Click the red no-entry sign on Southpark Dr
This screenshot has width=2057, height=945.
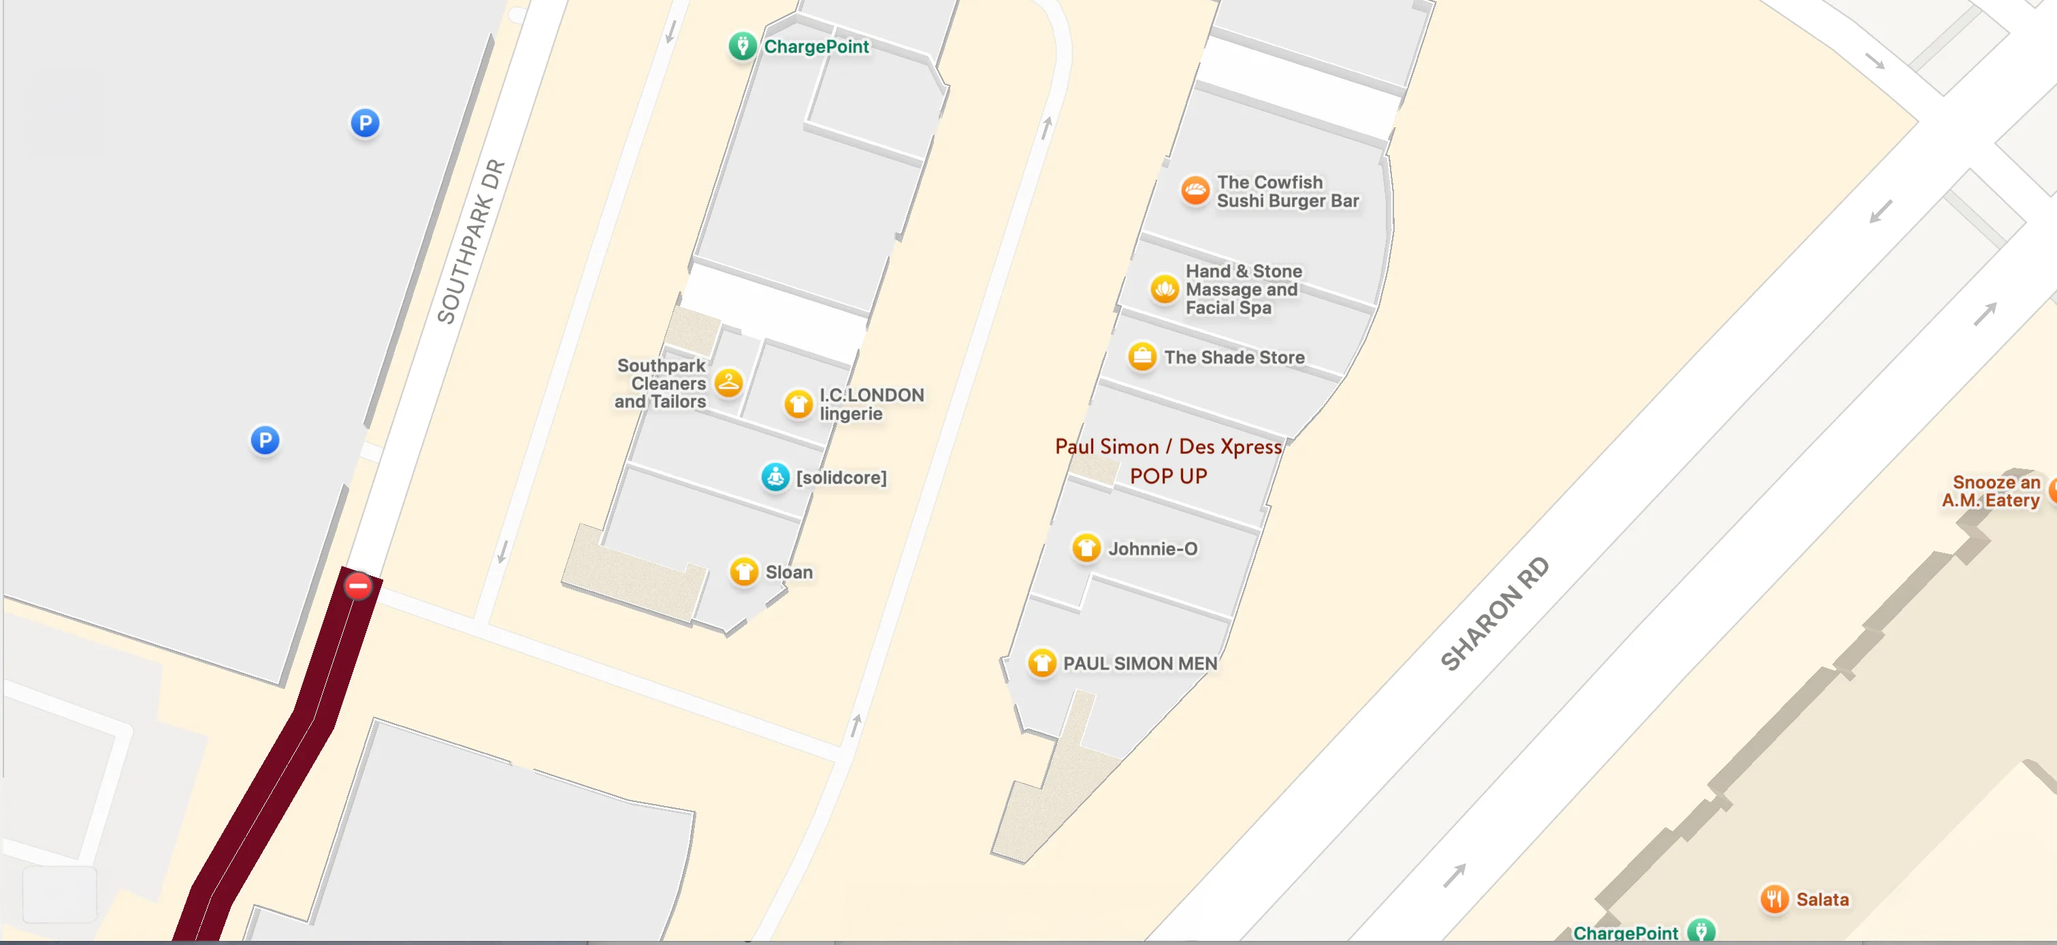[x=358, y=586]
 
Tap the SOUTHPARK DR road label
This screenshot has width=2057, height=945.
[x=472, y=241]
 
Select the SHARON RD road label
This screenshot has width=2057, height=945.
[x=1494, y=613]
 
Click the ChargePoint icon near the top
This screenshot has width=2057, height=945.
[x=742, y=46]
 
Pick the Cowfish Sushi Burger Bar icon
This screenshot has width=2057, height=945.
[x=1195, y=191]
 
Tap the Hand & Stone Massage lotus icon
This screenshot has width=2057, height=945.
[x=1164, y=289]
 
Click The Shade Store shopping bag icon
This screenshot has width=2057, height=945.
[x=1142, y=356]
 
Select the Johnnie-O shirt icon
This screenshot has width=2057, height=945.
[x=1086, y=548]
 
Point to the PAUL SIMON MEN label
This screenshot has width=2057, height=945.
[x=1139, y=663]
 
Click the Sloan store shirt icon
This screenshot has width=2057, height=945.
[x=743, y=572]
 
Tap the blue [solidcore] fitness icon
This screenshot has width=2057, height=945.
[x=775, y=477]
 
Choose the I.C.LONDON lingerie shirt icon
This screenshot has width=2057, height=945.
[x=798, y=404]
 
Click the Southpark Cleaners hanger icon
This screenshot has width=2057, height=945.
[x=728, y=383]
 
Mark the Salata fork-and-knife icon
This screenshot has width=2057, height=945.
[x=1774, y=899]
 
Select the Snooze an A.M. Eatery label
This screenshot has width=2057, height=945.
[x=1991, y=492]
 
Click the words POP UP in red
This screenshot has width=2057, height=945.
[x=1168, y=476]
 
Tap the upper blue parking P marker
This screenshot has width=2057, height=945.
[x=365, y=123]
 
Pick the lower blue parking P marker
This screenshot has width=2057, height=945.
[x=265, y=439]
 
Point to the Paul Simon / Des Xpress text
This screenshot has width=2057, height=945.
[x=1168, y=447]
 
